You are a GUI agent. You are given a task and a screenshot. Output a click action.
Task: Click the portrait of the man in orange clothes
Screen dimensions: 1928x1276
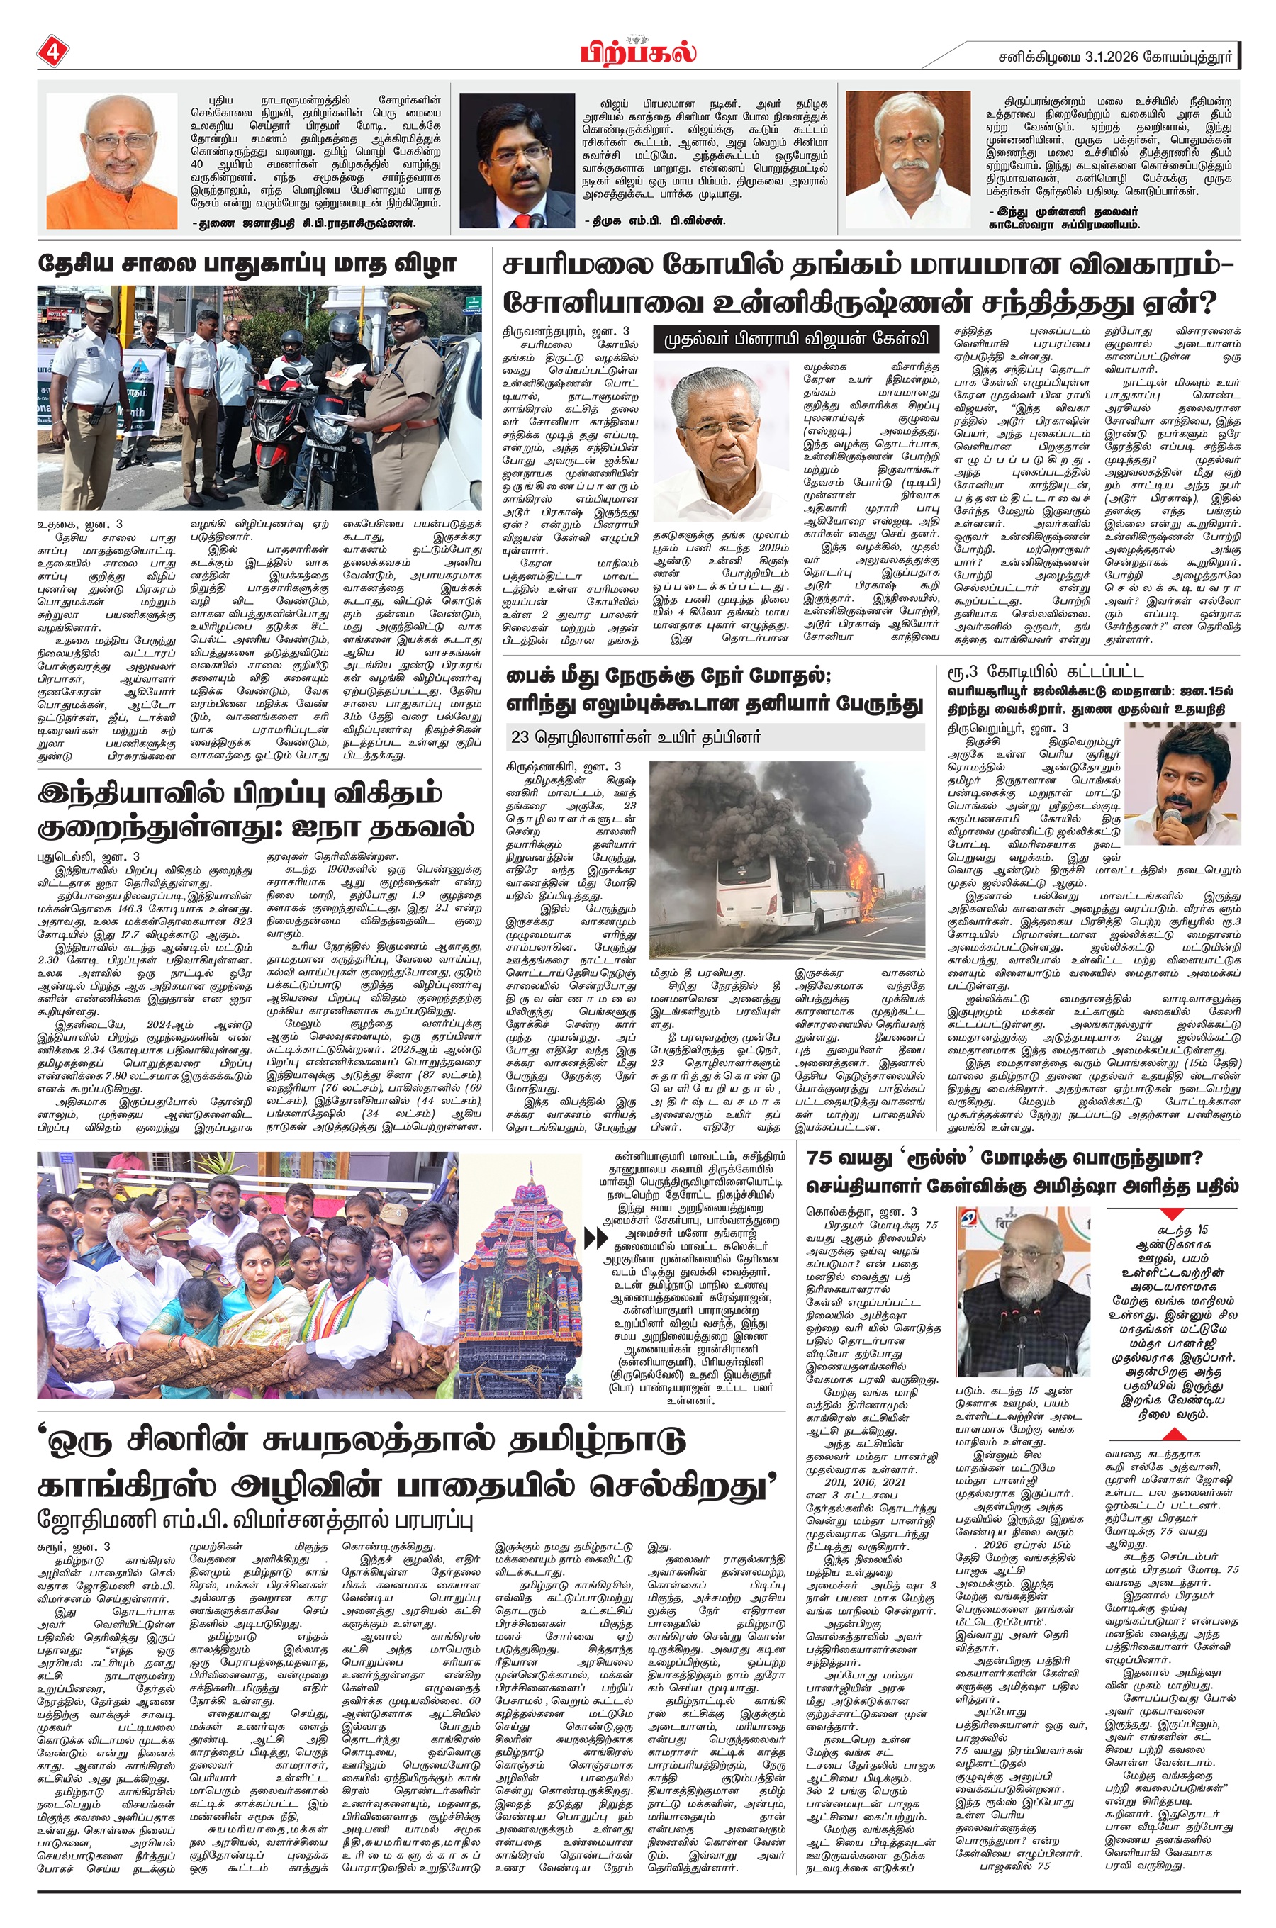[x=111, y=161]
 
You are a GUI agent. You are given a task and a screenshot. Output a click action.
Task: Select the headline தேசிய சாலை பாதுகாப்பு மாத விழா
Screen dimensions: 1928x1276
[x=247, y=264]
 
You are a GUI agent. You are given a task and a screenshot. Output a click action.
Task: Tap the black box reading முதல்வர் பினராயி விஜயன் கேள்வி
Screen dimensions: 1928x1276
[x=796, y=338]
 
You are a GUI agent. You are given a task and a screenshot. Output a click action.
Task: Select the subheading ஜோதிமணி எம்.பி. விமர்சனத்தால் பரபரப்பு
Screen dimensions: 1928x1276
[x=254, y=1519]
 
